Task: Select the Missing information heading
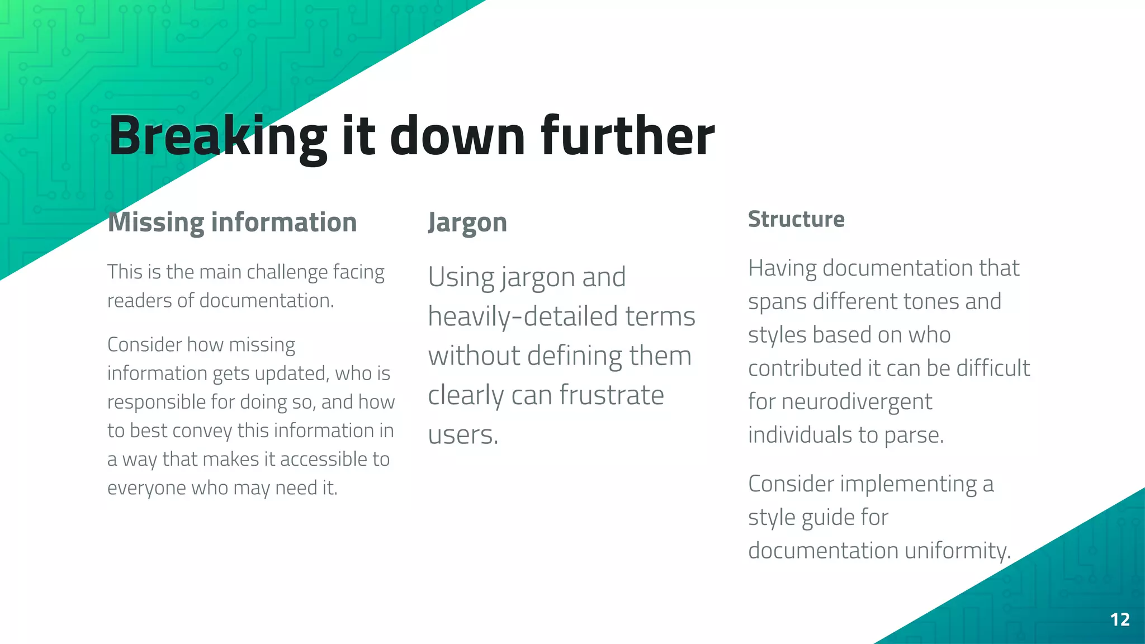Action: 232,222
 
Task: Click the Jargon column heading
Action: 467,222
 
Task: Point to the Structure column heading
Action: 796,219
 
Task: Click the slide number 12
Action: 1120,619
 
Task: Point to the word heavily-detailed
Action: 523,316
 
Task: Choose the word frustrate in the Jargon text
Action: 612,395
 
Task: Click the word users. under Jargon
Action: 463,435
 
